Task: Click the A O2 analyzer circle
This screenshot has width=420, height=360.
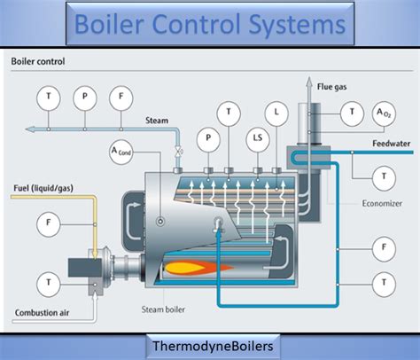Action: coord(384,113)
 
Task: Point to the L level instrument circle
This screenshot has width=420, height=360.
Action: coord(277,113)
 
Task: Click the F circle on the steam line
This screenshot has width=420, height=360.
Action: coord(119,97)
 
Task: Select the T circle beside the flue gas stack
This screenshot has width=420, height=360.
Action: coord(354,113)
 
